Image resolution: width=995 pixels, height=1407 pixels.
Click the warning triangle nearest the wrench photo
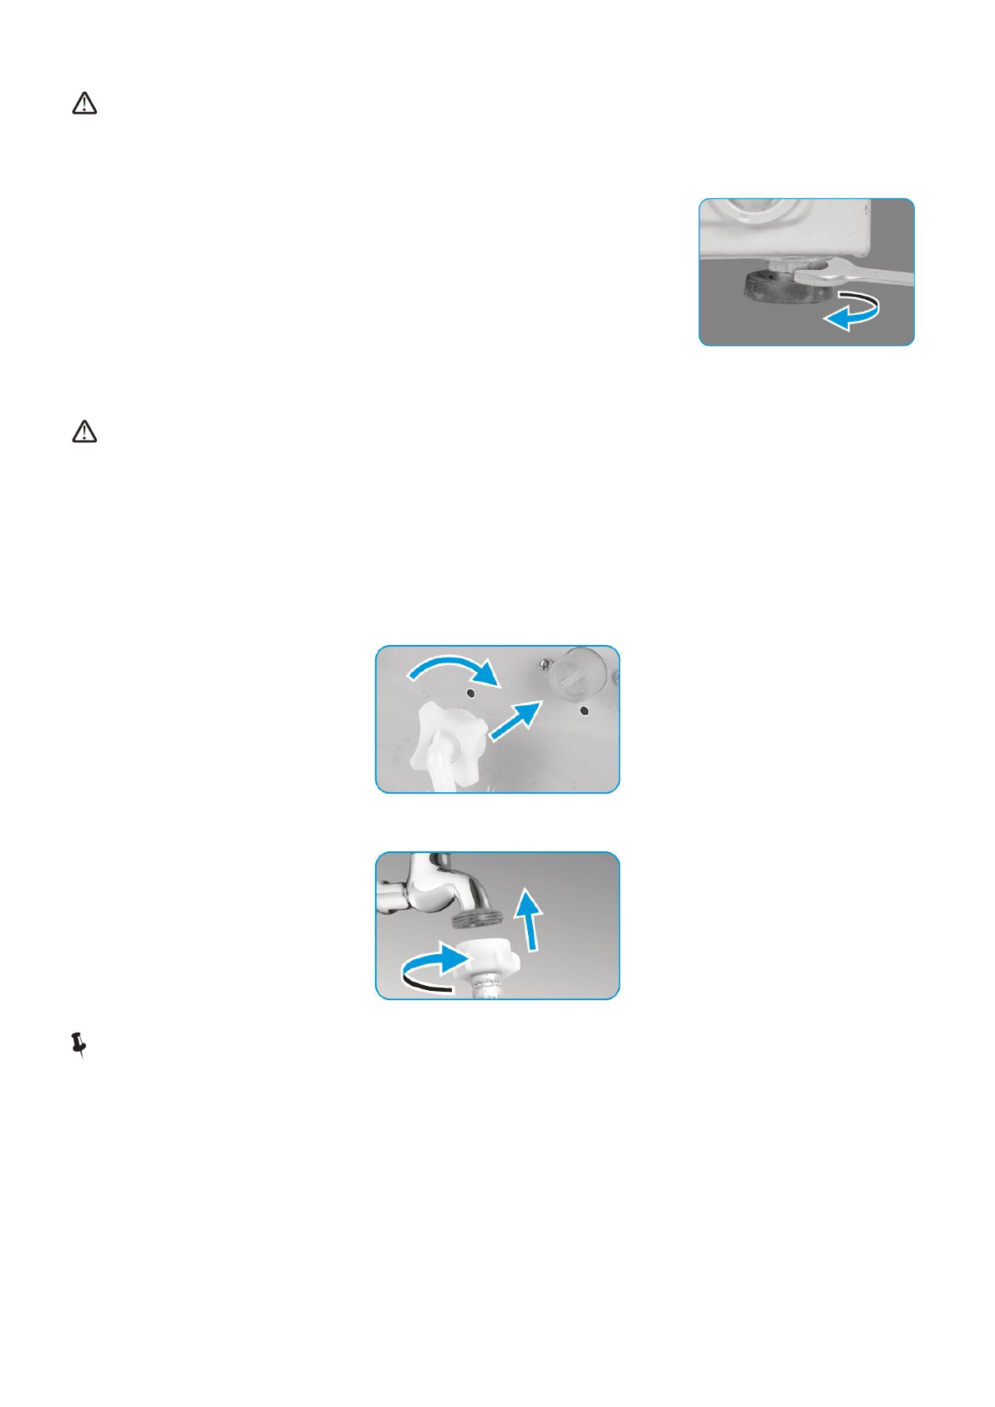pyautogui.click(x=84, y=104)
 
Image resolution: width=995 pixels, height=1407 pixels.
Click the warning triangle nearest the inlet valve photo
pyautogui.click(x=84, y=432)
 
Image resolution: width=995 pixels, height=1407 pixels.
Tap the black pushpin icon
pyautogui.click(x=79, y=1044)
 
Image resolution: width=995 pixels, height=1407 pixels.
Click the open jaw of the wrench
pyautogui.click(x=815, y=272)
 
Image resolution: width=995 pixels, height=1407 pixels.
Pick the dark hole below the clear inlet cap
pyautogui.click(x=584, y=712)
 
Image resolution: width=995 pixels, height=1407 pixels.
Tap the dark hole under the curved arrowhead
pyautogui.click(x=470, y=693)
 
